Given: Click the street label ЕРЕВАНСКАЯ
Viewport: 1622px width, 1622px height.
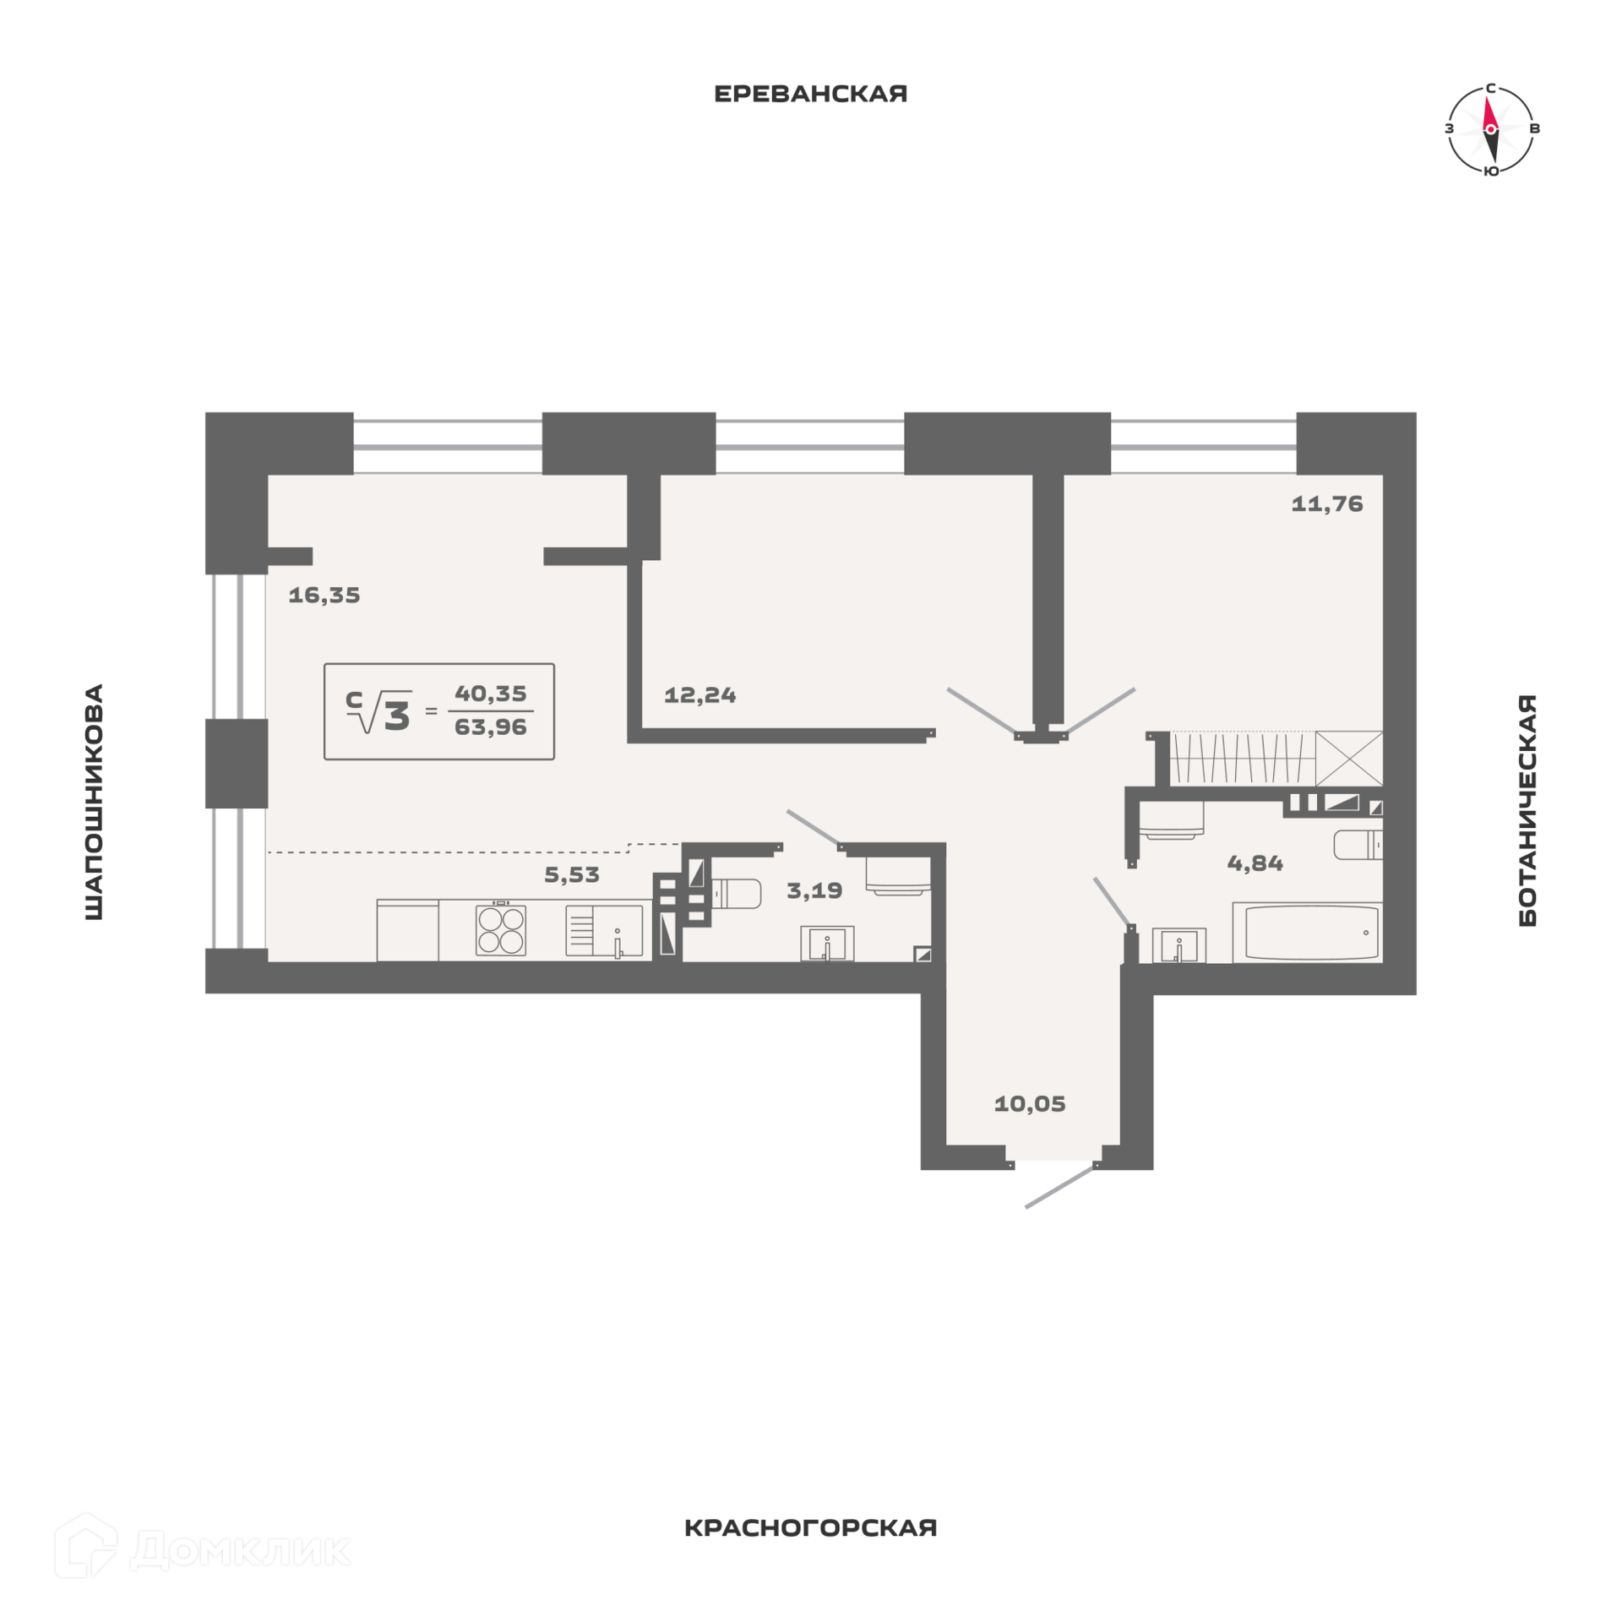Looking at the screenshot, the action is tap(810, 94).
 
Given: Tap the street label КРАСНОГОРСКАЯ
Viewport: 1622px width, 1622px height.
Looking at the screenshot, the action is tap(810, 1528).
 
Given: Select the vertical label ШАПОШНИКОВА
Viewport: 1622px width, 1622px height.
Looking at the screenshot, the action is tap(94, 801).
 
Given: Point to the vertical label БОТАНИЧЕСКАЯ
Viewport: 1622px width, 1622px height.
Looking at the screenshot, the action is tap(1527, 810).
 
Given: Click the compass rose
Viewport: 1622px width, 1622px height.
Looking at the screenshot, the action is tap(1490, 129).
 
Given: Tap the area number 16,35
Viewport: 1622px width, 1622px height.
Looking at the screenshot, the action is tap(324, 596).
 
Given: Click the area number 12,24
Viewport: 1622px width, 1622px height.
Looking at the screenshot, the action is tap(699, 695).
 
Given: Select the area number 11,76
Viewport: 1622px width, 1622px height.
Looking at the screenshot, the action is tap(1326, 504).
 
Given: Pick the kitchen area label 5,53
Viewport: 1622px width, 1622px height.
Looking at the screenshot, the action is tap(572, 875).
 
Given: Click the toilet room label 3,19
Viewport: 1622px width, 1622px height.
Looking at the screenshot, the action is tap(814, 890).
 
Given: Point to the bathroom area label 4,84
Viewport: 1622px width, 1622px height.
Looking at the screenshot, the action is tap(1255, 863).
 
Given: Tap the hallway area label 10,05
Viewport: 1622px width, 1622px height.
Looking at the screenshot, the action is tap(1030, 1104).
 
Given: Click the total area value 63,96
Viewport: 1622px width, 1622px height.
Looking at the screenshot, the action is tap(490, 727).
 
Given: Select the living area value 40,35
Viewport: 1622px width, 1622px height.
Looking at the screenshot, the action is tap(490, 694).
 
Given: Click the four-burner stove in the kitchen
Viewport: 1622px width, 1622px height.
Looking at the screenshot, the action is tap(501, 930).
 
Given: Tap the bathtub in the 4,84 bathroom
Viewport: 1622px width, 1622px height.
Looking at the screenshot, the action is tap(1307, 933).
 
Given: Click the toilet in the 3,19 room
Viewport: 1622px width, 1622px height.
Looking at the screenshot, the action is tap(736, 894).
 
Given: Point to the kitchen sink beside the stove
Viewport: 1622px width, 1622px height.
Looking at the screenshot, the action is tap(605, 931).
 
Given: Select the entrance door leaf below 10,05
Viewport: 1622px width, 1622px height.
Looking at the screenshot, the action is tap(1060, 1187).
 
